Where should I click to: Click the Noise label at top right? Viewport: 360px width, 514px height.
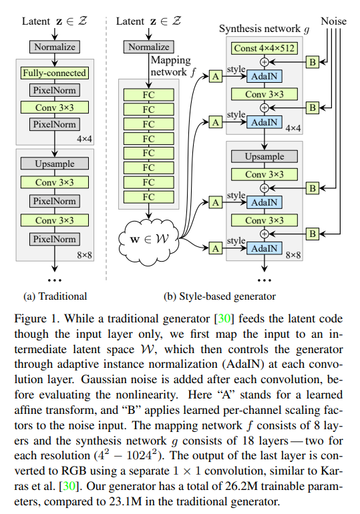coord(334,22)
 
